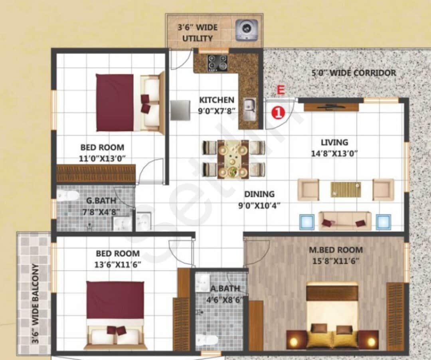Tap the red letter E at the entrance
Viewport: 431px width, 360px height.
(x=281, y=91)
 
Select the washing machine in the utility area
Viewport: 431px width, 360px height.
(x=245, y=30)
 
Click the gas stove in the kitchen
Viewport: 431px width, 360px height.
(x=217, y=63)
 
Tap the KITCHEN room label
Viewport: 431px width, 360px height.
(x=217, y=100)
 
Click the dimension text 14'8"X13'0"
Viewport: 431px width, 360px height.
(x=334, y=153)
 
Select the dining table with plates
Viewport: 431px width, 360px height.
(x=233, y=159)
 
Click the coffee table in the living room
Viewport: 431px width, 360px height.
(x=346, y=189)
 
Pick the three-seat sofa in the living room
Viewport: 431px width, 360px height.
(x=345, y=221)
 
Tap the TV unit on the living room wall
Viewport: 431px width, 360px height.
(x=331, y=107)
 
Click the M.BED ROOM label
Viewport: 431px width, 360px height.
(x=336, y=250)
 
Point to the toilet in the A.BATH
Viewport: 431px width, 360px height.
(x=207, y=341)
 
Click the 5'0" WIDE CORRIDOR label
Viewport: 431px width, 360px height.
(x=354, y=73)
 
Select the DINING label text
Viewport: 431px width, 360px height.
(x=259, y=194)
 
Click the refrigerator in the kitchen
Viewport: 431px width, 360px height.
(x=180, y=110)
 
